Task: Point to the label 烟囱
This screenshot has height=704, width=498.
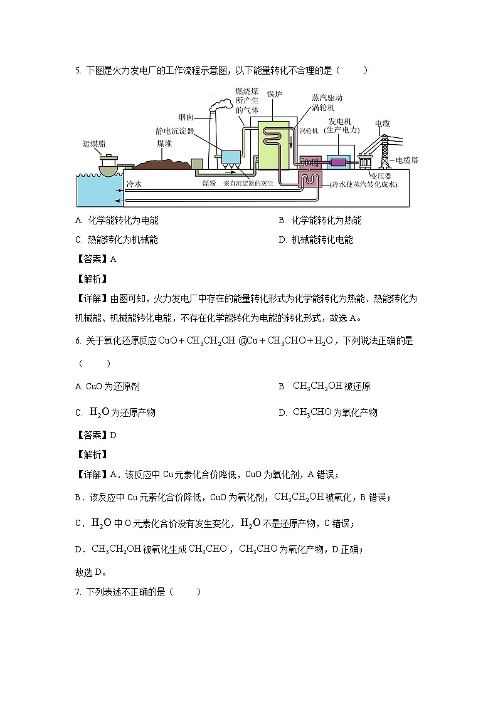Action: point(185,117)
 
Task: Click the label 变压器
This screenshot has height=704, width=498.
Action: point(380,176)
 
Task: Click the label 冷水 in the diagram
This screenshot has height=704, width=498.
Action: point(134,184)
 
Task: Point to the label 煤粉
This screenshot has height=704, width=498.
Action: point(209,184)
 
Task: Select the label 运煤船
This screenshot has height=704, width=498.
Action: point(93,144)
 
